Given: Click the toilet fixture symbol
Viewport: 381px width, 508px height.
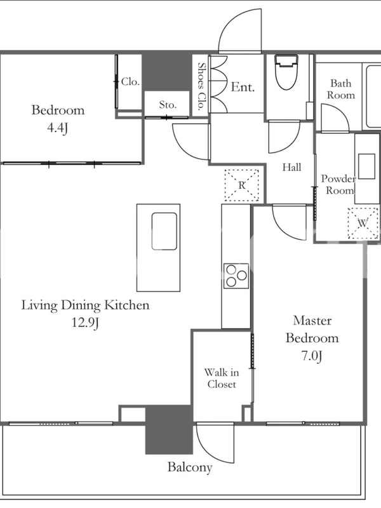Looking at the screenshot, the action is pos(286,72).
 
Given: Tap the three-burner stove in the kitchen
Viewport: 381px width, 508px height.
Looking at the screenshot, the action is pos(236,276).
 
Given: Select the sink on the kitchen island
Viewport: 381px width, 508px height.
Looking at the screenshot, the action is pos(164,231).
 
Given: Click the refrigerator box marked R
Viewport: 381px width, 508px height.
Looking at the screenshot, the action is pos(242,185).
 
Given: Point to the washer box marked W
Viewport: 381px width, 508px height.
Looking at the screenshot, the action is pos(363,224).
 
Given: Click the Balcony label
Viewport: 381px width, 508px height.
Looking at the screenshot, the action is pos(190,467).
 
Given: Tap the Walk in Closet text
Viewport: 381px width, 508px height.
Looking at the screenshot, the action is pos(222,378).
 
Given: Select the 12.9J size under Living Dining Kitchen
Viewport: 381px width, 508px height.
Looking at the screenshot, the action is pos(85,323).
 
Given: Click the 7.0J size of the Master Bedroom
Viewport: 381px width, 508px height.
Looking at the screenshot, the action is pos(312,356).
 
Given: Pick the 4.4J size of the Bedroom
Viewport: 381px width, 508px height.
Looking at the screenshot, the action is pos(58,128).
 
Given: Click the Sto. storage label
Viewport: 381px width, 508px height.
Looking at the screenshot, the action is pos(168,105).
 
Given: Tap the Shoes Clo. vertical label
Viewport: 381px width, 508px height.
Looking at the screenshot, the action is pos(202,86).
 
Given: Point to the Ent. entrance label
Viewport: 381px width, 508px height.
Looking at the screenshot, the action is pos(243,87).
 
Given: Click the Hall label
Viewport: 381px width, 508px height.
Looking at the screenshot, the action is pos(291,167).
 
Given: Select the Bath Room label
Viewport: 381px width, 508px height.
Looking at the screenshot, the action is pos(340,89).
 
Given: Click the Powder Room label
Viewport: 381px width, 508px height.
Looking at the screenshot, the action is pos(338,184).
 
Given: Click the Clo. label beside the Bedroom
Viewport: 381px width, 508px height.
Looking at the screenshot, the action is pos(130,82).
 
